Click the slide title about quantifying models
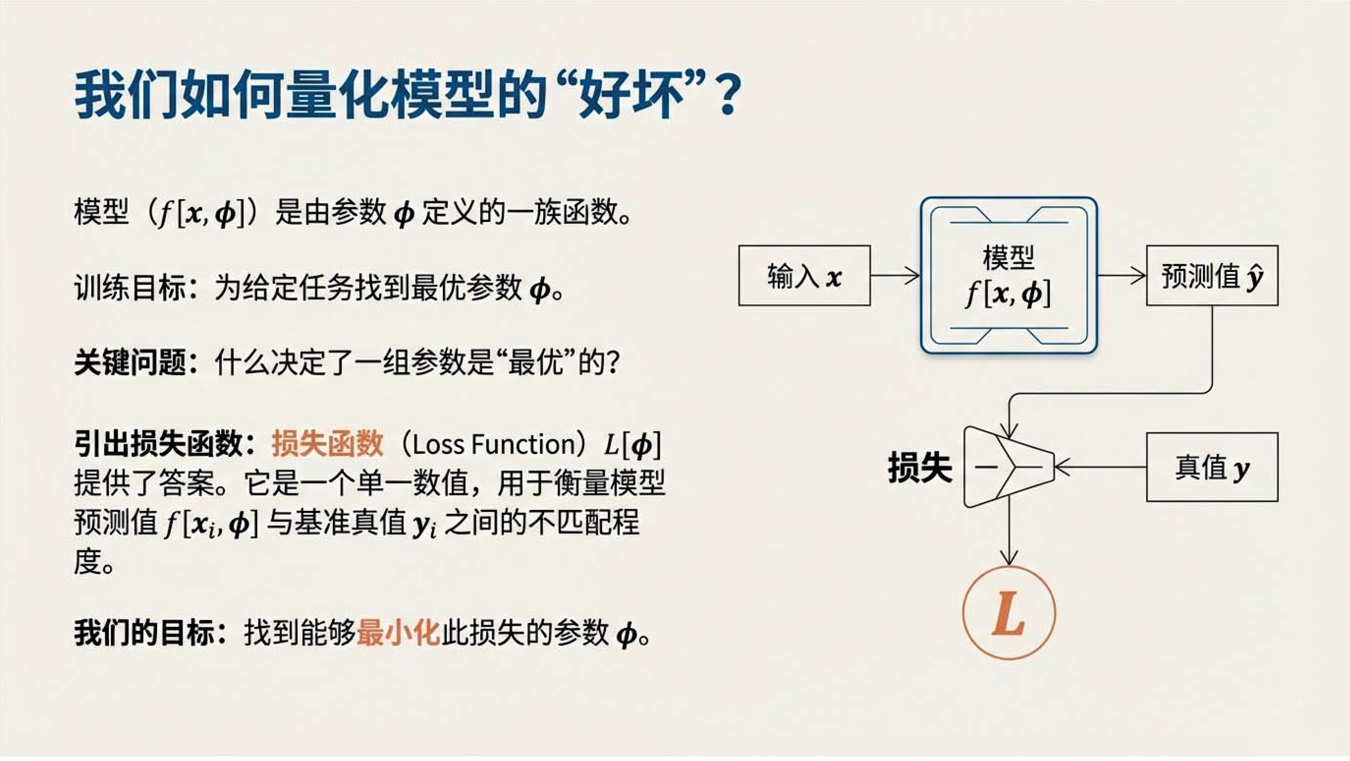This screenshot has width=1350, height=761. click(408, 96)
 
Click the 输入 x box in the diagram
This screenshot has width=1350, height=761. click(805, 275)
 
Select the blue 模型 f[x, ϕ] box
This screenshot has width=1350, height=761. click(1009, 275)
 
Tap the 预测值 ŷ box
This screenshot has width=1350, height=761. click(1212, 275)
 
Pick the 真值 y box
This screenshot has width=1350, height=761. click(1212, 467)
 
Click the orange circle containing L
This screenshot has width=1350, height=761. click(1009, 613)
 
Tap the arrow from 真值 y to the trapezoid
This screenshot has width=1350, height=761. click(1100, 467)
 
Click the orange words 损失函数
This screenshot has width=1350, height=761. click(327, 444)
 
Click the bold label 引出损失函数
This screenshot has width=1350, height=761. click(158, 444)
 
